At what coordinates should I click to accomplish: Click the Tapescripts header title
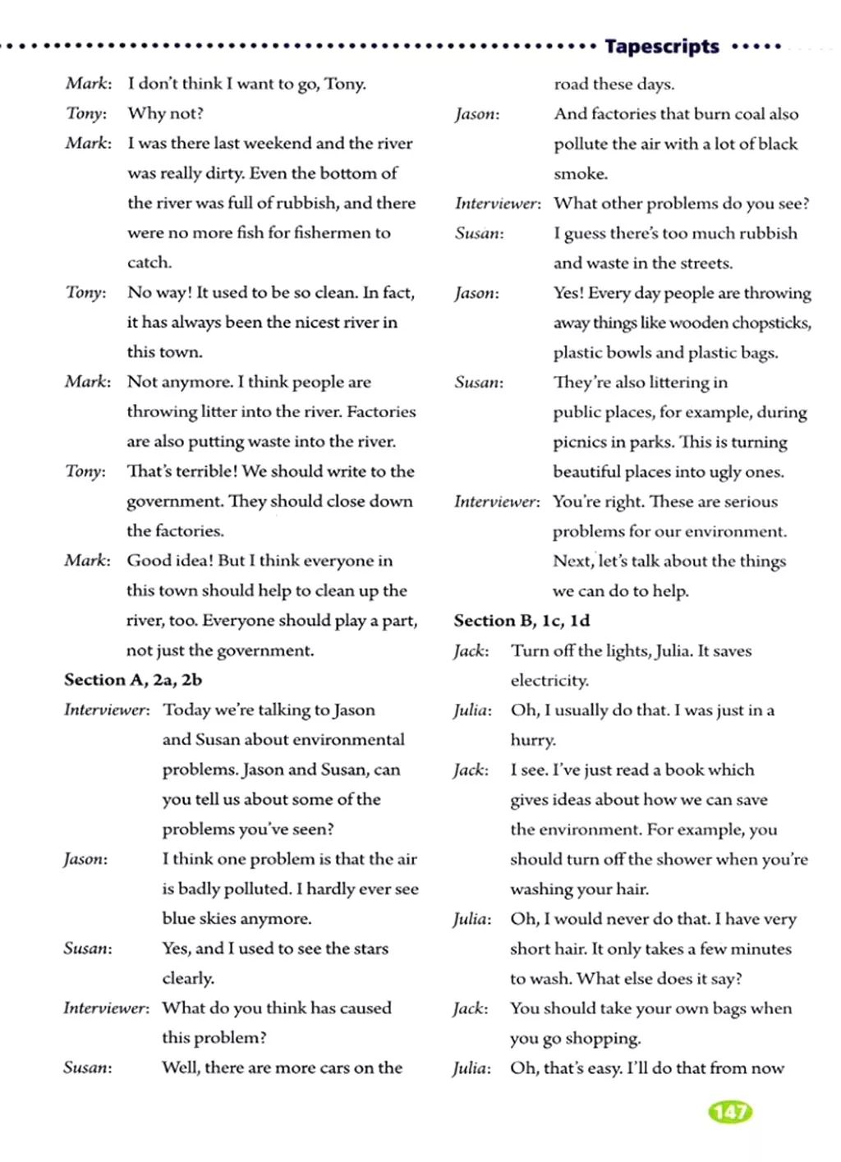click(x=661, y=46)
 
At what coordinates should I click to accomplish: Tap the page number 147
click(x=729, y=1112)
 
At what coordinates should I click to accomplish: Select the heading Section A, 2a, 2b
click(x=133, y=680)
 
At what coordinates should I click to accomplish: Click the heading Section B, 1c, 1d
click(x=522, y=621)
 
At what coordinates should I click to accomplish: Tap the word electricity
click(x=549, y=681)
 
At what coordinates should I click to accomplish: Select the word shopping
click(x=604, y=1038)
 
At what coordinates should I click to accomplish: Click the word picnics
click(x=580, y=442)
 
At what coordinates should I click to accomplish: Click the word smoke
click(x=580, y=173)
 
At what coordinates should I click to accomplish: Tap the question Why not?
click(x=165, y=113)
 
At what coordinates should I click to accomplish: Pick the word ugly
click(x=733, y=471)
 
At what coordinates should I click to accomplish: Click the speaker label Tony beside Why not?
click(x=85, y=113)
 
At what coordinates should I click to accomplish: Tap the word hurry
click(x=532, y=740)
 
